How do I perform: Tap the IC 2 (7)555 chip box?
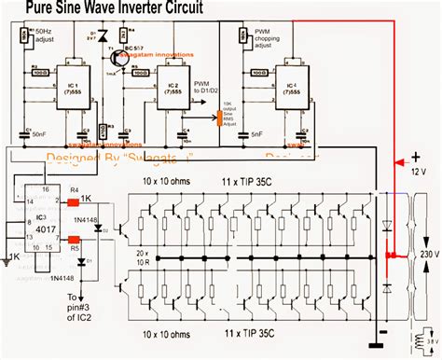(x=170, y=93)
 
